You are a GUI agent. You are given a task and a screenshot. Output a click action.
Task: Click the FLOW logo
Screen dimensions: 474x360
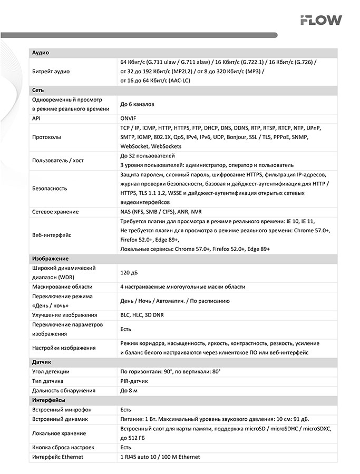coord(320,21)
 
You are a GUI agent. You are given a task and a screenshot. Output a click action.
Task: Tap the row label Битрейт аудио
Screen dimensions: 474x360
coord(51,71)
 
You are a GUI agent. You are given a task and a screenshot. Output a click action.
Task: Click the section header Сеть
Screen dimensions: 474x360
coord(38,90)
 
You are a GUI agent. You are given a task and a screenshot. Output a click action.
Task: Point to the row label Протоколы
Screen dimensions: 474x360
coord(46,137)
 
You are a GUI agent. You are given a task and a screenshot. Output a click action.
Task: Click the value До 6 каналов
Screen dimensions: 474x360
coord(137,104)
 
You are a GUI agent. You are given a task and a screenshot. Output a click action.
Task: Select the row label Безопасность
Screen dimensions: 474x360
coord(50,188)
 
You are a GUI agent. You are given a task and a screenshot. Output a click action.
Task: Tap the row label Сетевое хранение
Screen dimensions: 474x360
coord(55,212)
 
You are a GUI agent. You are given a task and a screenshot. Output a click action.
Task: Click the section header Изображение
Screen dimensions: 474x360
coord(50,259)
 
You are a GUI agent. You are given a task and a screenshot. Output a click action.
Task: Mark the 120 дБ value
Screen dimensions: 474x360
coord(129,273)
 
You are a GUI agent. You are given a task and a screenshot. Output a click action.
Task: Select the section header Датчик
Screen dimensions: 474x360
coord(42,362)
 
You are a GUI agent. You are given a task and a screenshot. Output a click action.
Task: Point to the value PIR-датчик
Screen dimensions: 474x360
coord(134,381)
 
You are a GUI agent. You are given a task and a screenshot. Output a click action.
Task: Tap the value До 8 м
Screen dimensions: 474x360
coord(129,390)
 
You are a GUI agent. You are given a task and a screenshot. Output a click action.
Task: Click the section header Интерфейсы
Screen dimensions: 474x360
coord(49,400)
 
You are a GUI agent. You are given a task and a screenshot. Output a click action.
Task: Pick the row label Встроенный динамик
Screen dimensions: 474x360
coord(60,419)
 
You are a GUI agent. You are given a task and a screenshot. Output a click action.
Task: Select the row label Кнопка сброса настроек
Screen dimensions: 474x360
coord(63,447)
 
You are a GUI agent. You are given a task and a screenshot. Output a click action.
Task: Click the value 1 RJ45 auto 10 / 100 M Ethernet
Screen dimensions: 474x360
coord(160,457)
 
